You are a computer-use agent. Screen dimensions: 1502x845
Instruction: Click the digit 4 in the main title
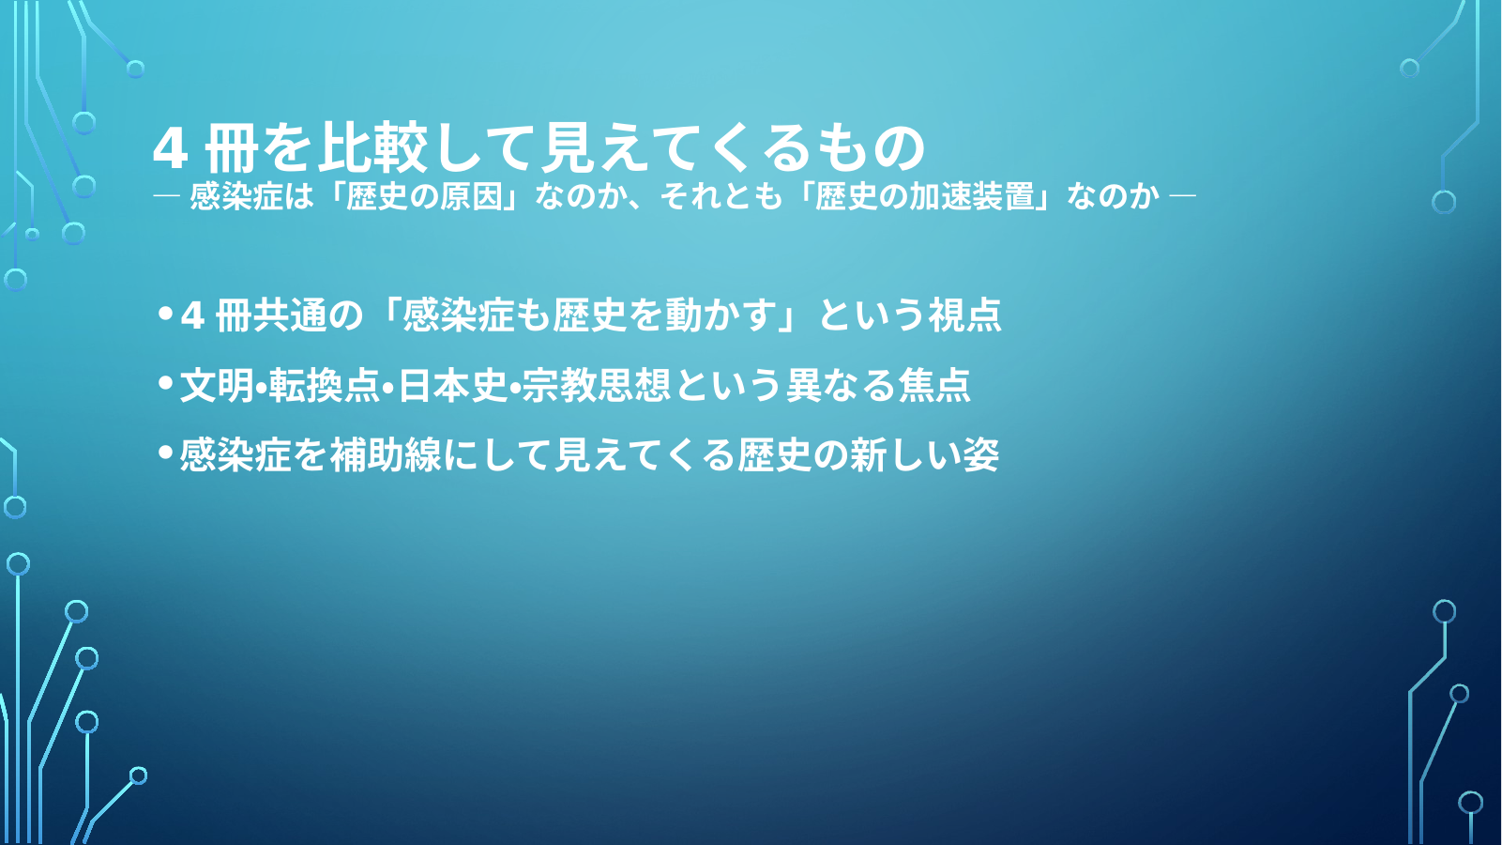pos(170,148)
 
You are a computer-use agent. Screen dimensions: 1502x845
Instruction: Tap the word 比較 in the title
pos(372,147)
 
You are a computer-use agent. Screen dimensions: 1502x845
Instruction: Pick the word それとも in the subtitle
pos(721,196)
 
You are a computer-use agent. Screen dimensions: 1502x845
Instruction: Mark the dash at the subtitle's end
pos(1182,196)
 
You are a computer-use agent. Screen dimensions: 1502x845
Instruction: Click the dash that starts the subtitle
pos(166,196)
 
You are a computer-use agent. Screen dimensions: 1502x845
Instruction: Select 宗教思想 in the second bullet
pos(596,385)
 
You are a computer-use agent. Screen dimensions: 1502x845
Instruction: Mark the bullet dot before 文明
pos(166,383)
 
